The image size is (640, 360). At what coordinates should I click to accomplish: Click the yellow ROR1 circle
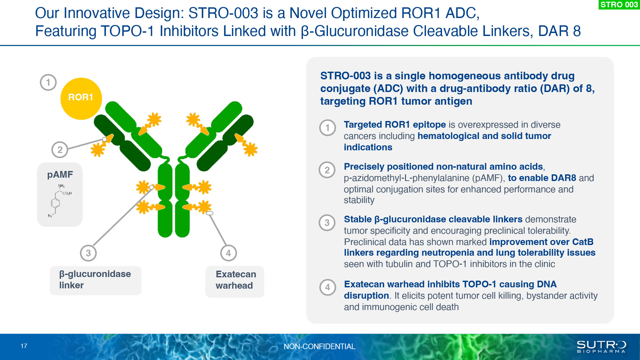click(81, 99)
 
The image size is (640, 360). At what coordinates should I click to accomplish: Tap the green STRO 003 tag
click(619, 5)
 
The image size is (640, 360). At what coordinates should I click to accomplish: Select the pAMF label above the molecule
click(60, 174)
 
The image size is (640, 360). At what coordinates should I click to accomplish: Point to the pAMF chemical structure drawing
click(60, 201)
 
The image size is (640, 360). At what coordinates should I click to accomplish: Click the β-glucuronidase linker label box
click(96, 280)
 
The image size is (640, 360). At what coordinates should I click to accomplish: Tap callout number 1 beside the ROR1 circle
click(48, 82)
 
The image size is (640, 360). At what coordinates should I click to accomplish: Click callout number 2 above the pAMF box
click(60, 150)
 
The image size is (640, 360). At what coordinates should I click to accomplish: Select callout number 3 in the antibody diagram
click(88, 253)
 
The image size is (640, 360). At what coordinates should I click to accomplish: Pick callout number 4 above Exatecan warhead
click(228, 253)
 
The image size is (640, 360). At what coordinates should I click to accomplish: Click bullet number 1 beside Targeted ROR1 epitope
click(327, 128)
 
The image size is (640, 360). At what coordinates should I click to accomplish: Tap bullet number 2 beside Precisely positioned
click(327, 170)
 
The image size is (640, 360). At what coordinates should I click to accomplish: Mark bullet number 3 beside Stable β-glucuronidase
click(327, 223)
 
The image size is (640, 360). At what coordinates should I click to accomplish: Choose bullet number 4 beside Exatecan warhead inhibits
click(328, 287)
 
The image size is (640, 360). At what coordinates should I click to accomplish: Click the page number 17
click(24, 346)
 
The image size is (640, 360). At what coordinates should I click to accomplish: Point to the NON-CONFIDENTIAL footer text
click(319, 347)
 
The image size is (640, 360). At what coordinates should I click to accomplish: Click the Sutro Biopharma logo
click(601, 347)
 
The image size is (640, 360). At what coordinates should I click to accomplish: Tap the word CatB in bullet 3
click(583, 242)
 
